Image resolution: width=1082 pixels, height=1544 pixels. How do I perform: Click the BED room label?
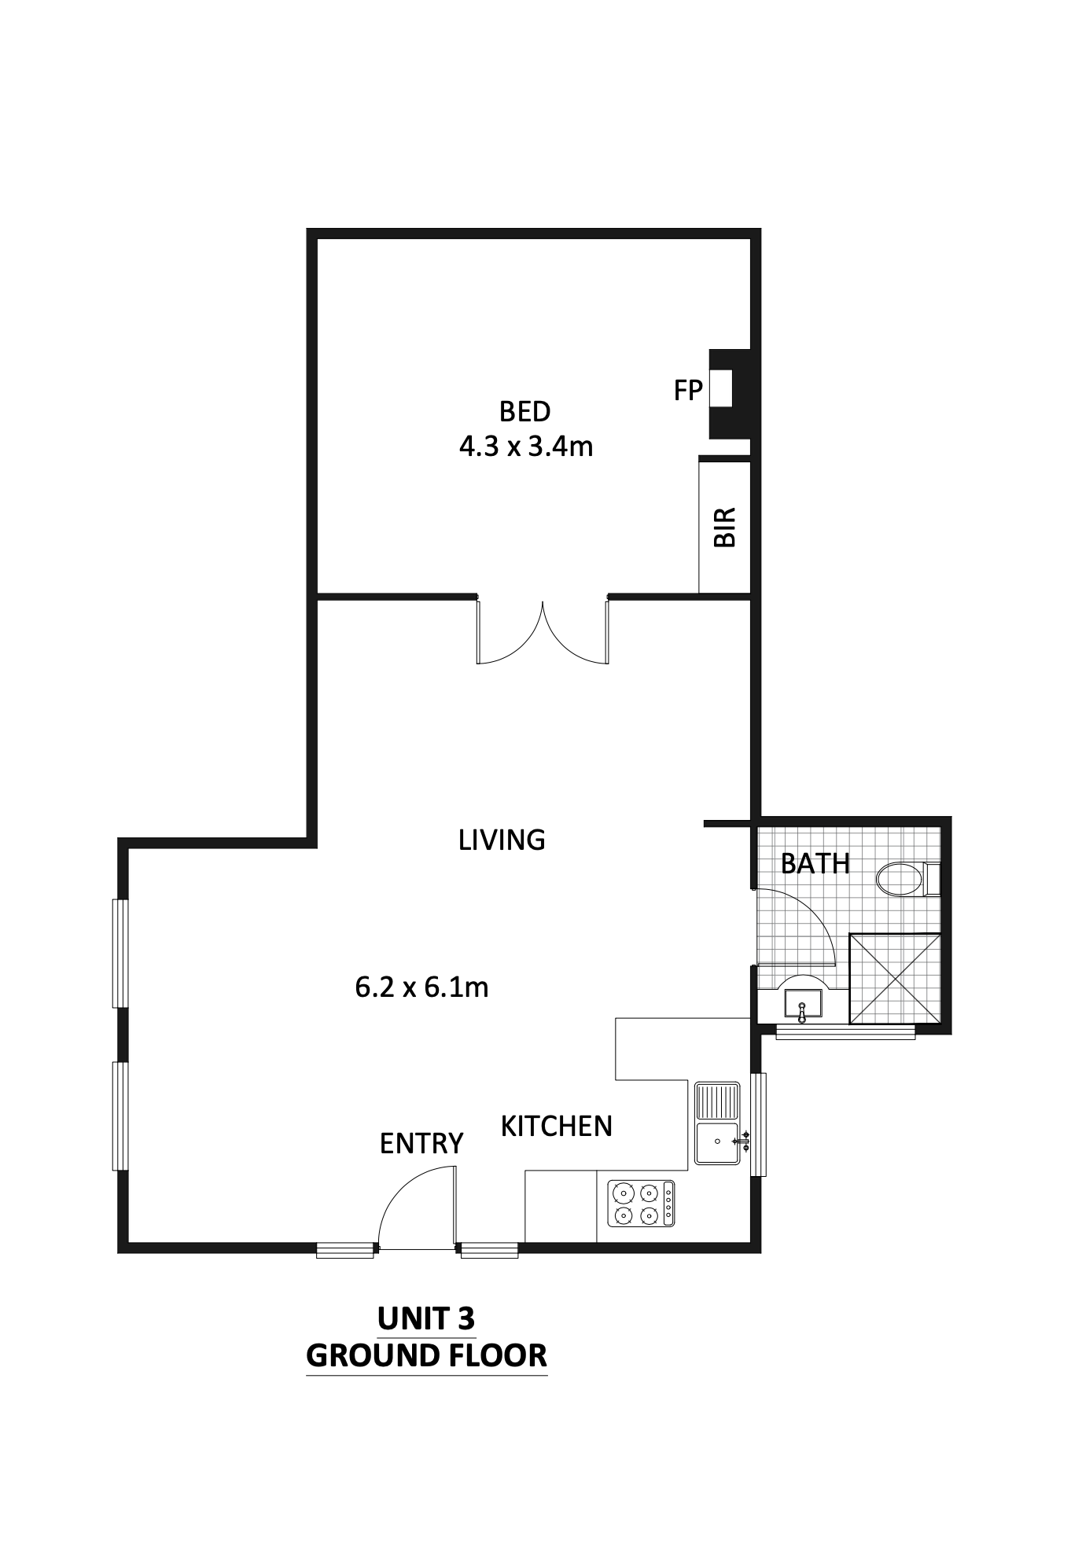pos(524,411)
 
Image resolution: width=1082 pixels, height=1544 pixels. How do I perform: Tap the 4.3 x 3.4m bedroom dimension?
pos(525,447)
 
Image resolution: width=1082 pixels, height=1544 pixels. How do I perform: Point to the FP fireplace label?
pos(687,390)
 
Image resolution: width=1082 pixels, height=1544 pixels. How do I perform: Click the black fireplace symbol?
pos(730,394)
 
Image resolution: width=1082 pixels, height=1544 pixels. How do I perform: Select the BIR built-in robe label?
pos(724,527)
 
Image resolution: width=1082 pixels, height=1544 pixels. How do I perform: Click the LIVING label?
pos(502,840)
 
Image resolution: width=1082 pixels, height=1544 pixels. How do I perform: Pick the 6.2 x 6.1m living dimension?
pos(421,987)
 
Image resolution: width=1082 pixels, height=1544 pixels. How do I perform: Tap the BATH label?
pos(815,864)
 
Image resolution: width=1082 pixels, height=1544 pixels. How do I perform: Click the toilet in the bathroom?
pos(908,879)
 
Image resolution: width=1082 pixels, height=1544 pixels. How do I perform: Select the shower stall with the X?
pos(895,978)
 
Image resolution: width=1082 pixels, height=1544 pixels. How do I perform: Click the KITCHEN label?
pos(557,1127)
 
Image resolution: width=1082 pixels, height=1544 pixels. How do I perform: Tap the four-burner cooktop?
pos(641,1204)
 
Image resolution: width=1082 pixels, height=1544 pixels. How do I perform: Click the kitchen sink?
pos(717,1123)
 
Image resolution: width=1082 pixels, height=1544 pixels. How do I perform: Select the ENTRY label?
pos(421,1144)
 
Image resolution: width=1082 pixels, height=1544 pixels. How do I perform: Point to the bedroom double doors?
pos(543,632)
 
